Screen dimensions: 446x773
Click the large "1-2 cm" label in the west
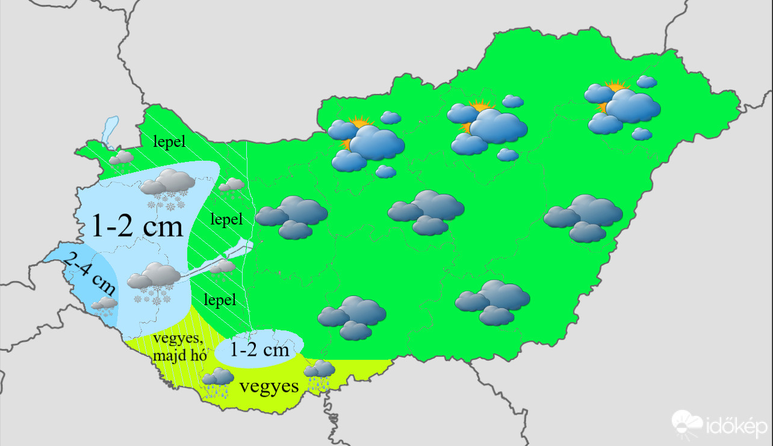point(137,226)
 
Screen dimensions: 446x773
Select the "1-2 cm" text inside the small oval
point(259,349)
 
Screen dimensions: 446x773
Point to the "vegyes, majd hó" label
point(179,347)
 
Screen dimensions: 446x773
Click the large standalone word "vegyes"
point(269,386)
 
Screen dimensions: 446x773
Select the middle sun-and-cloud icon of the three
point(487,126)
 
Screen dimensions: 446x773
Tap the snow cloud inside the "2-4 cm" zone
point(105,306)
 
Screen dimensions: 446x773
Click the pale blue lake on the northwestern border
point(109,132)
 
